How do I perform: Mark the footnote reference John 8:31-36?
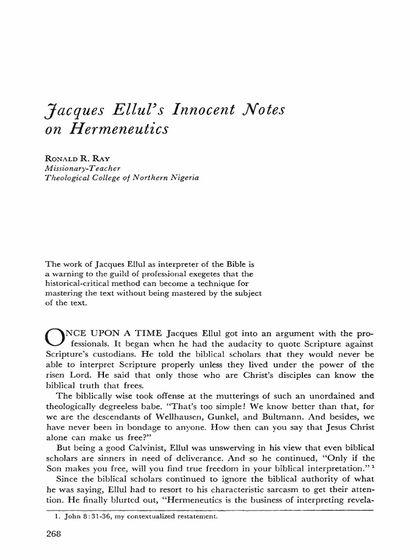click(76, 514)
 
